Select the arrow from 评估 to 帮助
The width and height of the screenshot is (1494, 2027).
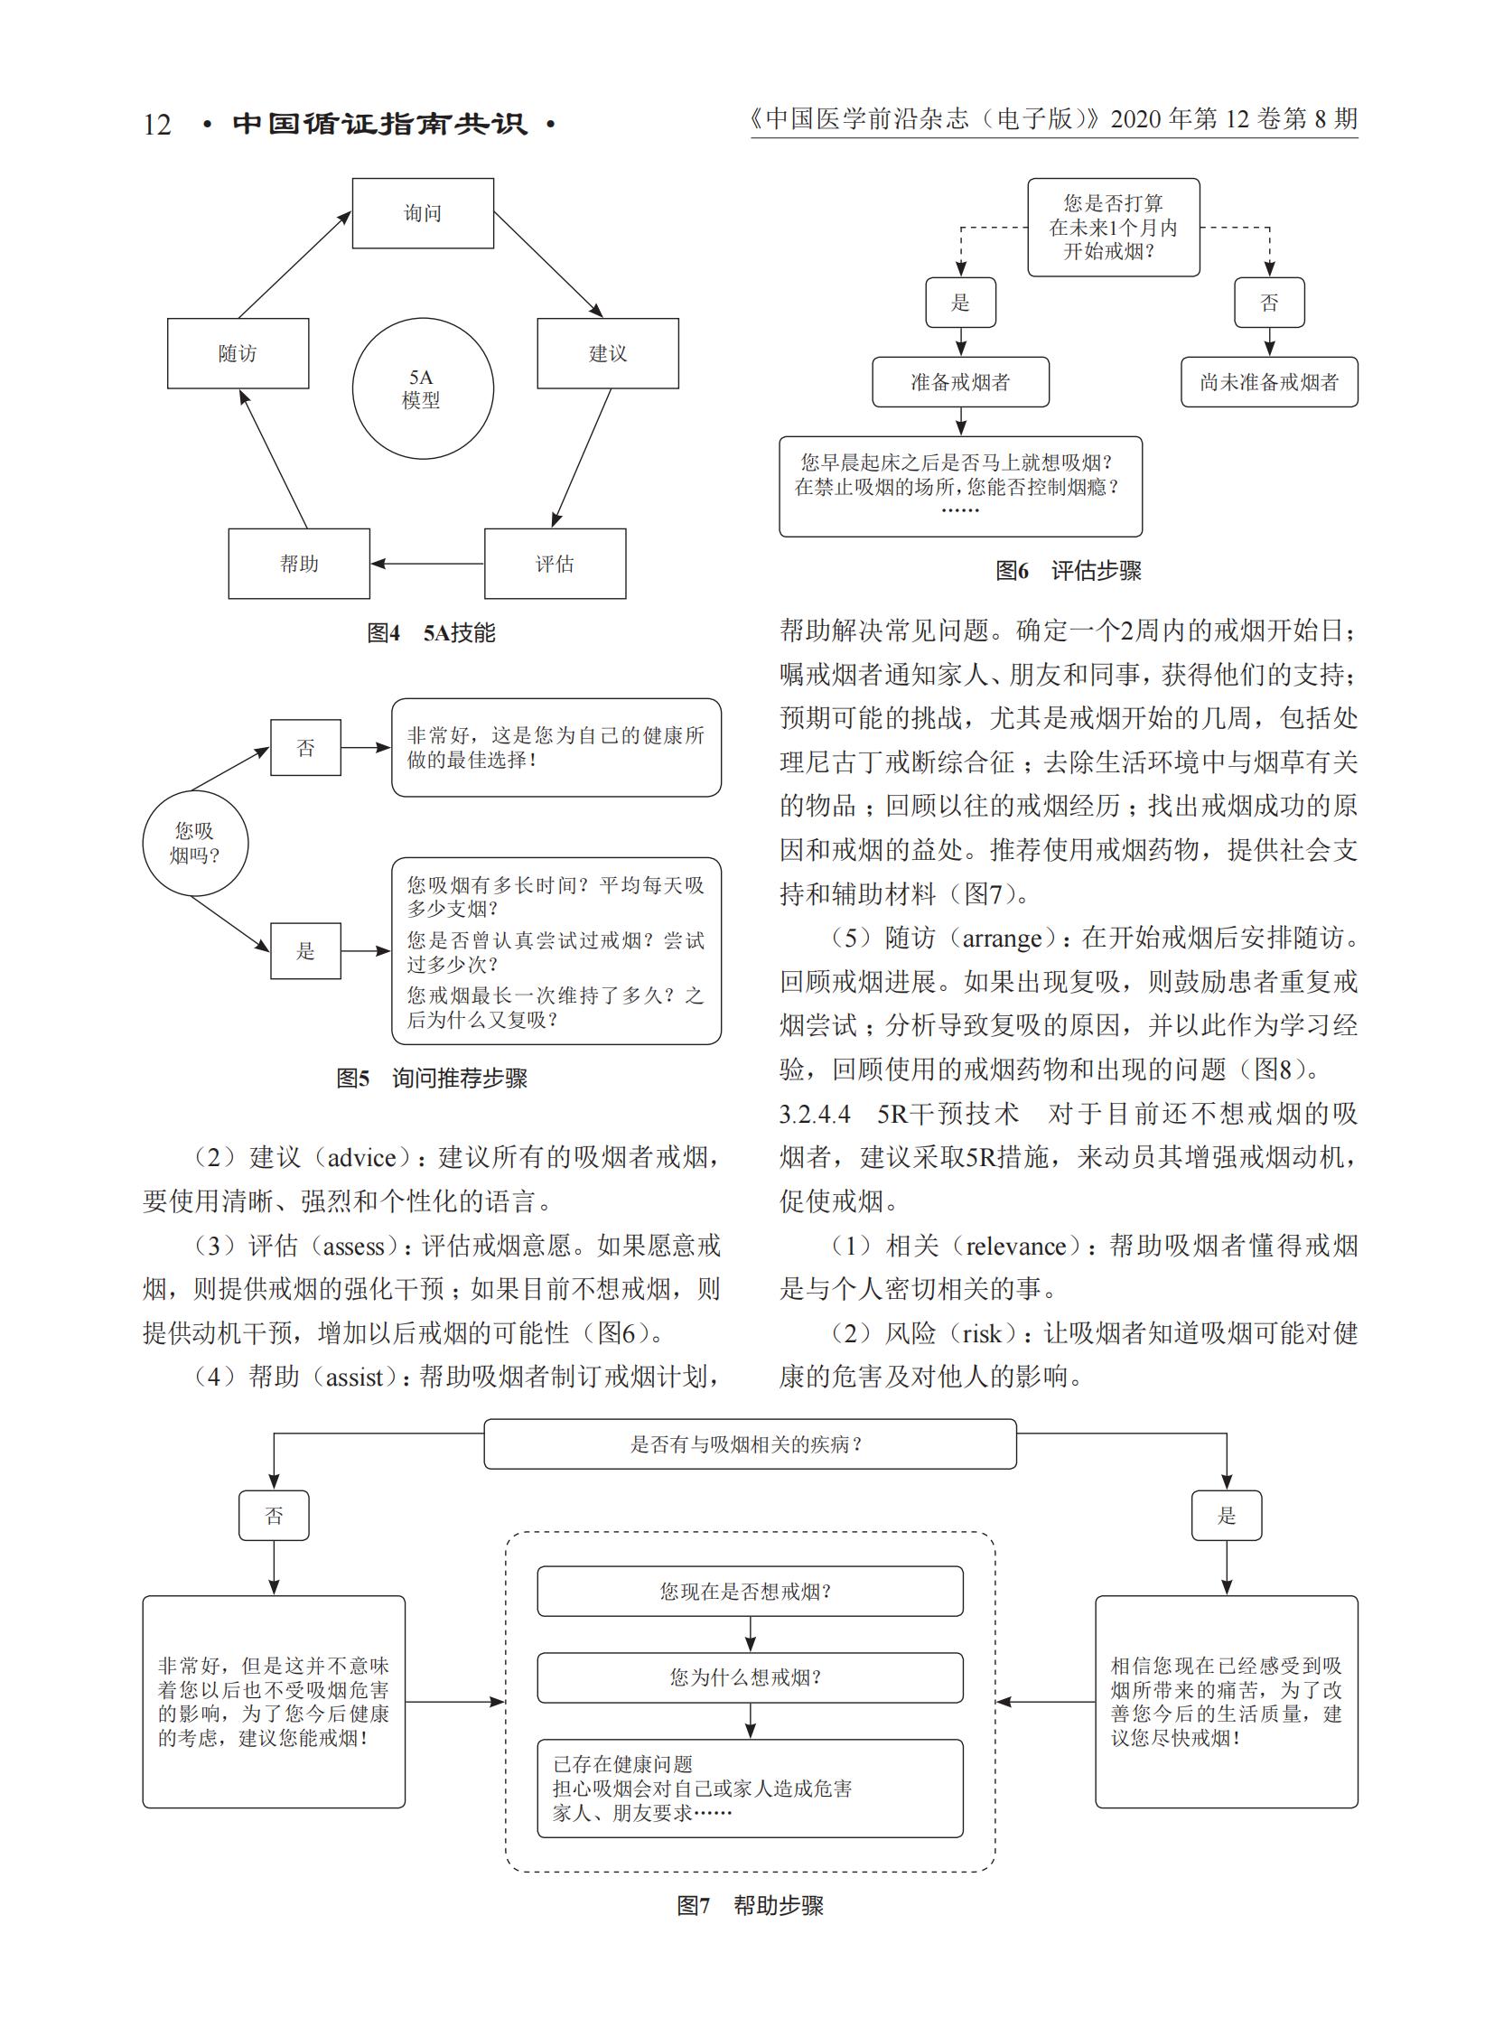428,564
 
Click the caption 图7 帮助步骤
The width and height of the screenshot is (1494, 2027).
750,1906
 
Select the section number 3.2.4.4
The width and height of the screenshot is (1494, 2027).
815,1115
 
